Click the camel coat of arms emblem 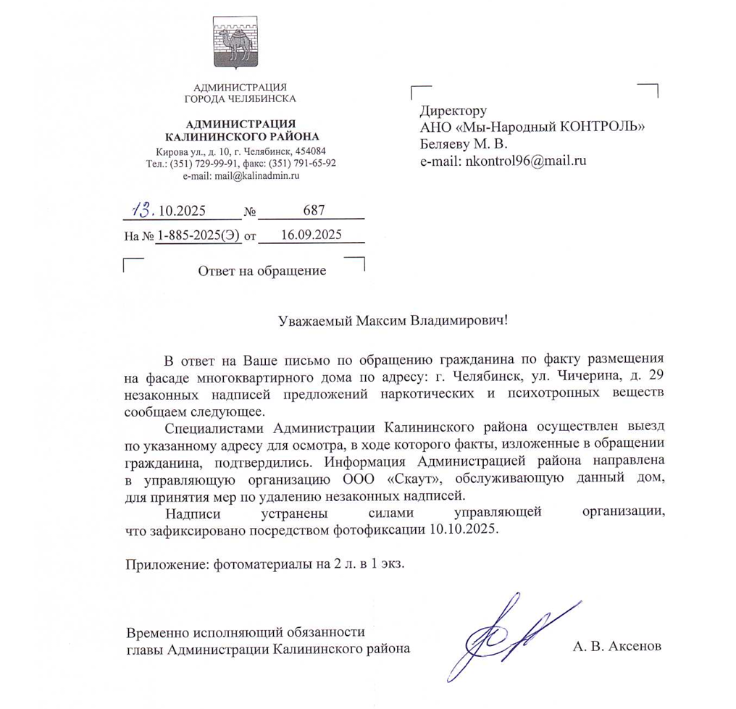pos(235,45)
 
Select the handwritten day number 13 pos(141,209)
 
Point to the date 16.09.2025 pos(311,235)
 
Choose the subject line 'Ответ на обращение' pos(262,271)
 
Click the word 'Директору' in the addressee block pos(453,112)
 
